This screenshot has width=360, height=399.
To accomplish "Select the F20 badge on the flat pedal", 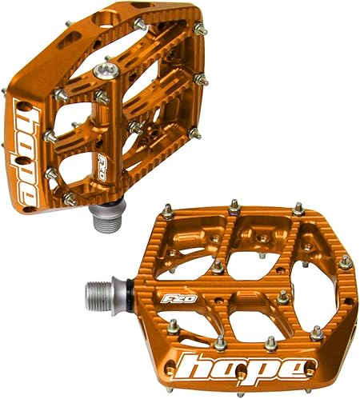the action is pos(178,298).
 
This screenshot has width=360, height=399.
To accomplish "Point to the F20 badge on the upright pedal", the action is pos(102,167).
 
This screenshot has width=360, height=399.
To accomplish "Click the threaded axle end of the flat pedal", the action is pos(98,294).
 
